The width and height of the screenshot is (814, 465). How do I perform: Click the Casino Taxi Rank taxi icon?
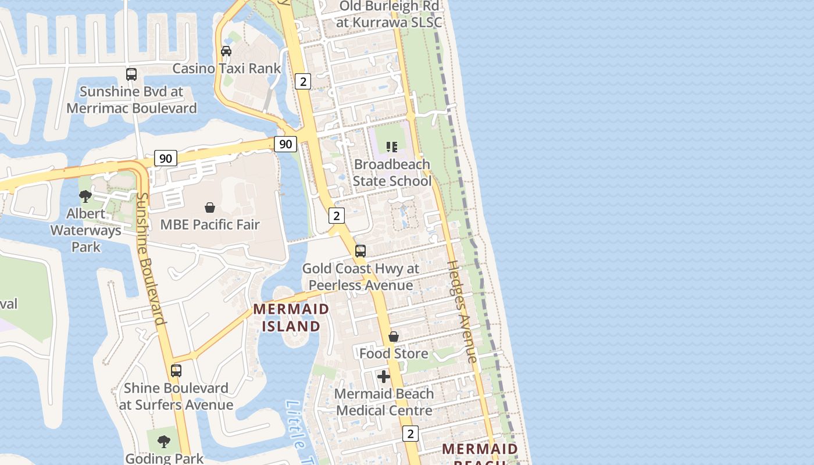(x=226, y=51)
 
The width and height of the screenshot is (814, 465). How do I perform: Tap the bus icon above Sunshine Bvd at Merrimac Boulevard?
(x=131, y=74)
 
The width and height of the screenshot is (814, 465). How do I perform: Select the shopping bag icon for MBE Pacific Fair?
(x=210, y=208)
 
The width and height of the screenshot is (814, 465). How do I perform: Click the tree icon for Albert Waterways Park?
(x=85, y=196)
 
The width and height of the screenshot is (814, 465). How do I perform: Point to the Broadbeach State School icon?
(x=392, y=147)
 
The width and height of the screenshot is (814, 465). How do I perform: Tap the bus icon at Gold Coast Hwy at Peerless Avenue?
(x=360, y=251)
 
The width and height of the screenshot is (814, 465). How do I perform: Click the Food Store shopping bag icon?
(x=394, y=337)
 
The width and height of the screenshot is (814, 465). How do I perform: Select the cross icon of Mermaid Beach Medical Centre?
(x=384, y=377)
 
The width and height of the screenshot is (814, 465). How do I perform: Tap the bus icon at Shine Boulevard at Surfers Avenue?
(x=176, y=370)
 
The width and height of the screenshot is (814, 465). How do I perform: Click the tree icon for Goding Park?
(x=165, y=441)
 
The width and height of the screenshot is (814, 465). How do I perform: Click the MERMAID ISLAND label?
(x=291, y=317)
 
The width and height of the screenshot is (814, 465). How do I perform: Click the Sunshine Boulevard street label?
(x=149, y=259)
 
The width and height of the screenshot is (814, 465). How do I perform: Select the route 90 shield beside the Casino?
(x=285, y=144)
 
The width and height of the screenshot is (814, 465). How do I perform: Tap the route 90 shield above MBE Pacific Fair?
(x=166, y=158)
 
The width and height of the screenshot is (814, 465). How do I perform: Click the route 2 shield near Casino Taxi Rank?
(x=302, y=81)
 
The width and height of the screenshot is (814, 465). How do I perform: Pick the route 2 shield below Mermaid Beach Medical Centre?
(x=410, y=434)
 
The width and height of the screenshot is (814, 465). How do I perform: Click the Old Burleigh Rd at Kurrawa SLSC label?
(x=389, y=14)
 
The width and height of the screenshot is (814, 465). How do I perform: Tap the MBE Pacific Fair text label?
(x=210, y=224)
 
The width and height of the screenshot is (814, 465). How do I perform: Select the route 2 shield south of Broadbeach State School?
(x=337, y=216)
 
